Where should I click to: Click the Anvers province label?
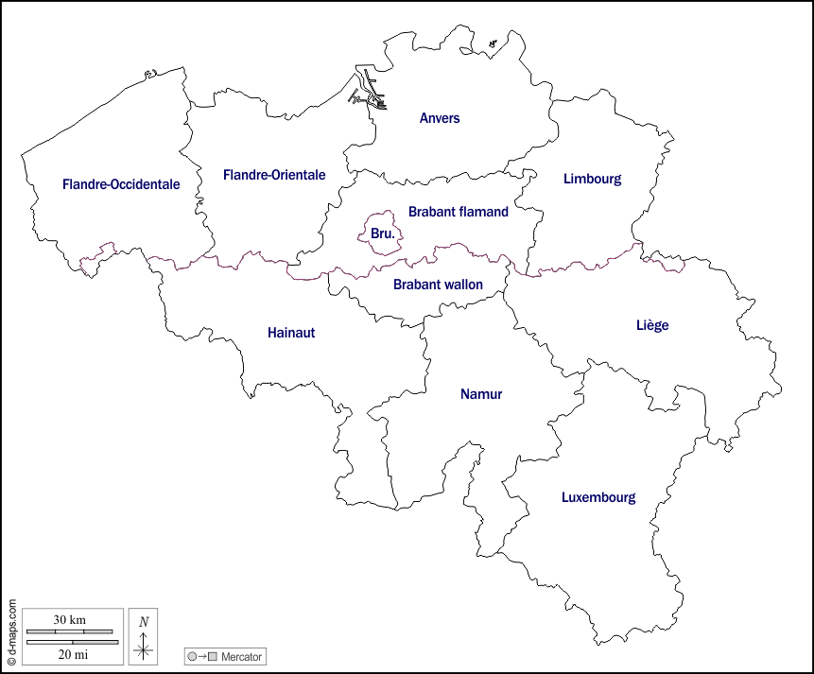point(440,118)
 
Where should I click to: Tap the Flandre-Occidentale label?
point(121,184)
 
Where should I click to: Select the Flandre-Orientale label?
point(274,175)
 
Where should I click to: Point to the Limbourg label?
point(592,179)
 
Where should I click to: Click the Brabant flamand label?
point(459,212)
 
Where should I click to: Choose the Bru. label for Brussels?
point(383,233)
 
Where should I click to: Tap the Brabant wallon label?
point(438,285)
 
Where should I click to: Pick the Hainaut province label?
point(291,333)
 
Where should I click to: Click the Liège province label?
point(652,325)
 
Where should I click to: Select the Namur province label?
point(481,394)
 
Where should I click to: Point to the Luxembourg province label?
point(598,497)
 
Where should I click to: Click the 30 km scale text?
point(69,620)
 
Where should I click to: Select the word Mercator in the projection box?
point(241,656)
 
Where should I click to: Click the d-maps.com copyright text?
point(11,631)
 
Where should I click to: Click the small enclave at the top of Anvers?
point(494,43)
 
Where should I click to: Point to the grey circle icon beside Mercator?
point(193,656)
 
